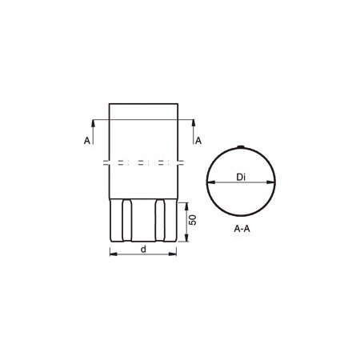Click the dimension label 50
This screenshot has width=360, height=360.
192,219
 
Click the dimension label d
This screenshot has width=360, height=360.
143,249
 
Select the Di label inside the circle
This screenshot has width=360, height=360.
241,177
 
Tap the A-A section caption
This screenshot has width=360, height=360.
242,229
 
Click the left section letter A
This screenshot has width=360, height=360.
87,141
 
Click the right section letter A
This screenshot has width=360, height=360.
198,141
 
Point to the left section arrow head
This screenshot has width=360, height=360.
93,122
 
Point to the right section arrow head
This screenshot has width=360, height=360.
194,122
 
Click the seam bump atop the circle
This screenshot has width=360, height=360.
241,146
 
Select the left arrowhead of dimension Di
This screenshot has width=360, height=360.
211,182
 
